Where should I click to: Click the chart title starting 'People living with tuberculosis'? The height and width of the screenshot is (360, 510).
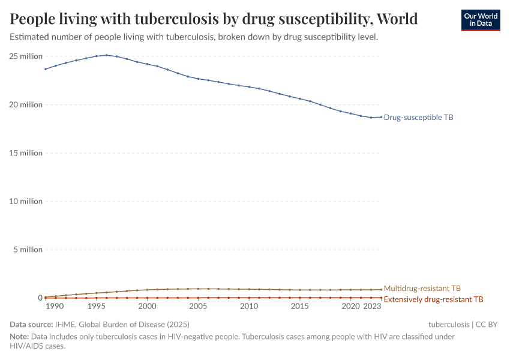coord(214,19)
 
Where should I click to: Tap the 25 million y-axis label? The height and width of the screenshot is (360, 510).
coord(26,56)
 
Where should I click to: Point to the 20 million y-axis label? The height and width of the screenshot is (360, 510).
coord(26,105)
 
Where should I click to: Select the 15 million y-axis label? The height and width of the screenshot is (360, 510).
coord(26,153)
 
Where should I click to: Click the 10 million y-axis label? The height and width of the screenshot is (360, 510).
coord(26,202)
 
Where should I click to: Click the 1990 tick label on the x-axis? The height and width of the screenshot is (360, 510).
coord(54,307)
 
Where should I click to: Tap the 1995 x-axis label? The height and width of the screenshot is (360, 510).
coord(97,307)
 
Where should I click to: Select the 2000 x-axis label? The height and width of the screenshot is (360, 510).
coord(148,307)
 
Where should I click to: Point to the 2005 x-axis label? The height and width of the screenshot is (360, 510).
coord(198,307)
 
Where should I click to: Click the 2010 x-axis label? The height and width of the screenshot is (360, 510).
coord(249,307)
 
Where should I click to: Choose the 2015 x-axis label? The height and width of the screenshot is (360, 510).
coord(300,307)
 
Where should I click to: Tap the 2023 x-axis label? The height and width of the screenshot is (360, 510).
coord(372,307)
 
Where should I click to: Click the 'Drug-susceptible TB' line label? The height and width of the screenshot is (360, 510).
coord(418,118)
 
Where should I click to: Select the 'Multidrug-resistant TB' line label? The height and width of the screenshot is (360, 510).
coord(422,289)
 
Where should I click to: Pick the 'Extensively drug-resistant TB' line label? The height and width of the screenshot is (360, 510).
coord(433,299)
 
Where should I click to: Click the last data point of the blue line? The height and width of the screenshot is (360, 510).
coord(381,117)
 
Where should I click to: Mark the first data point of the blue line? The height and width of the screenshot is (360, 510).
coord(46,69)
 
